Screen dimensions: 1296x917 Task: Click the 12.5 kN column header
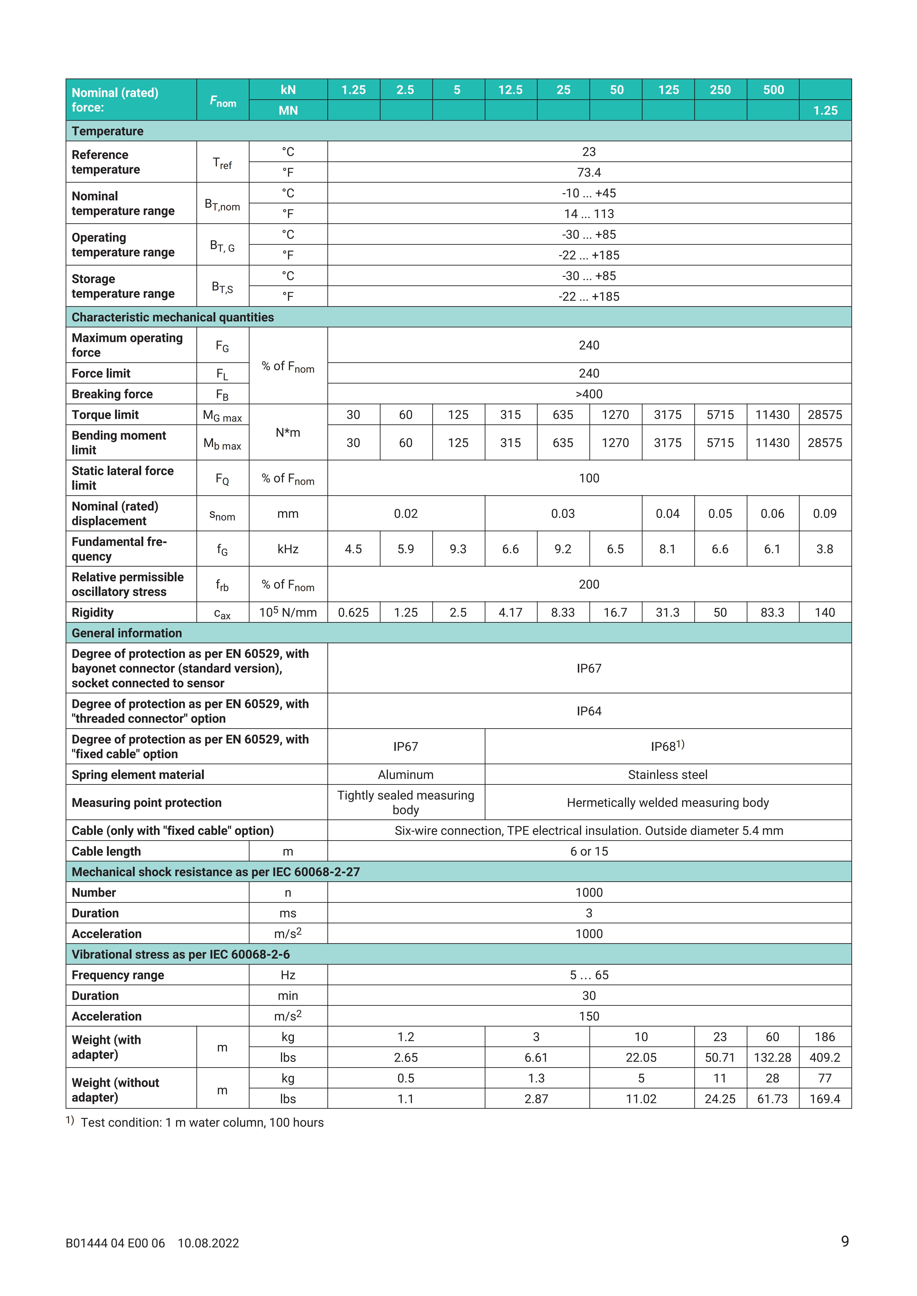tap(510, 90)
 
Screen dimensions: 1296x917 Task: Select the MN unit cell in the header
tap(288, 111)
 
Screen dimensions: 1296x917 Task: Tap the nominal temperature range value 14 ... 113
tap(589, 214)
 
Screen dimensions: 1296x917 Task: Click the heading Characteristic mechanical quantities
tap(173, 317)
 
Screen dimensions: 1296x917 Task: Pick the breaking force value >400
tap(589, 394)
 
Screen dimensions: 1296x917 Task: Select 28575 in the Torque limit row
tap(824, 415)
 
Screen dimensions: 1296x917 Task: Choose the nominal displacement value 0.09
tap(824, 514)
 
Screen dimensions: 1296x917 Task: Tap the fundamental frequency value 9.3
tap(458, 549)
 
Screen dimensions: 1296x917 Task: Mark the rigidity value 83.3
tap(772, 612)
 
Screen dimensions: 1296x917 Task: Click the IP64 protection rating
tap(589, 711)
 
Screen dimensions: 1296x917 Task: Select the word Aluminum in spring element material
tap(405, 775)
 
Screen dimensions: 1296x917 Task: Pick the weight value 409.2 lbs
tap(824, 1058)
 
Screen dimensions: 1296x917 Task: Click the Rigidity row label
tap(93, 612)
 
